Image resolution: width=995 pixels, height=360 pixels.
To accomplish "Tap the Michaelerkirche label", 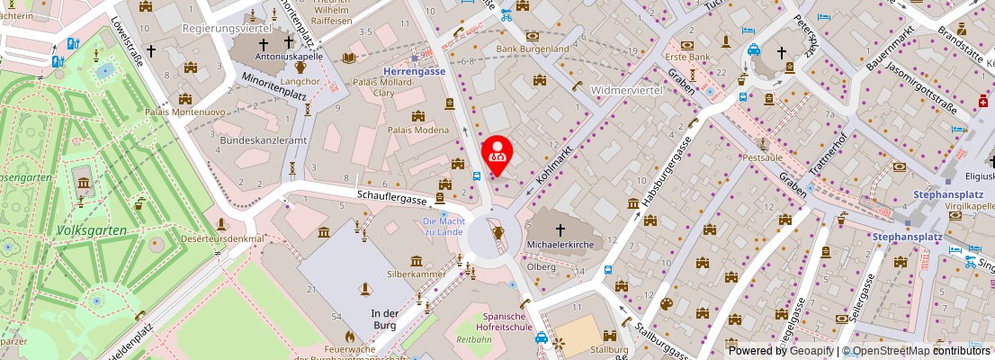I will point(560,245).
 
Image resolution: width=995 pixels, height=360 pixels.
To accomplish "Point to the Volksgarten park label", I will point(91,230).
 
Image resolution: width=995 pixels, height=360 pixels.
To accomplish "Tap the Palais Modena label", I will point(418,130).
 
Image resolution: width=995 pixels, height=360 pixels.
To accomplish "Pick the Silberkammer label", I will point(417,273).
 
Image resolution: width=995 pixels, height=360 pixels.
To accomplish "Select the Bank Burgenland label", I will point(533,49).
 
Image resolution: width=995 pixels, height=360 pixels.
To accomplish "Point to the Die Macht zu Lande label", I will point(442,226).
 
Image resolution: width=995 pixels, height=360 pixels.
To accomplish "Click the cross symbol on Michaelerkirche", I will point(560,230).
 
